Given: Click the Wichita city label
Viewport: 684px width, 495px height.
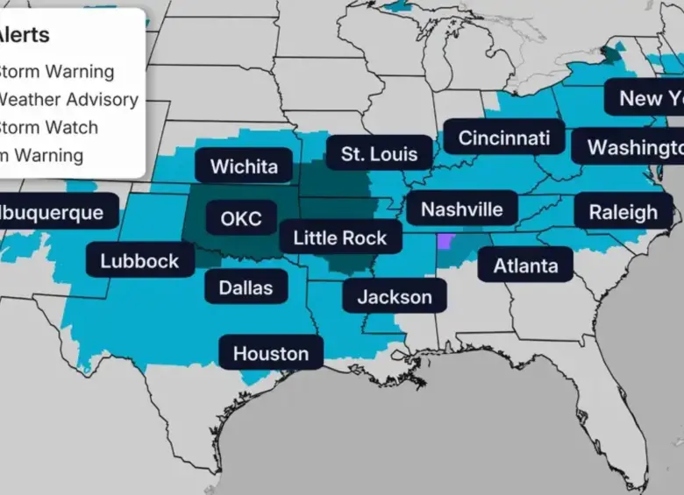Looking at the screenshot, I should click(x=244, y=166).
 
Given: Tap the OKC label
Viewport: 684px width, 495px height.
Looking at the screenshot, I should click(x=241, y=218).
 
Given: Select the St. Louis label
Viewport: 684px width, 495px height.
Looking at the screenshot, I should click(x=379, y=154).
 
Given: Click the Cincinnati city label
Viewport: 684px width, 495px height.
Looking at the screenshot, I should click(x=503, y=138).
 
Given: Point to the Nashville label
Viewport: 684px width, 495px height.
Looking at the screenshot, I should click(x=461, y=209).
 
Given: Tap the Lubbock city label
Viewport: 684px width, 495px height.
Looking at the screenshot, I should click(x=139, y=260).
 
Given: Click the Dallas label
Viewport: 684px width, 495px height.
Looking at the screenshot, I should click(x=246, y=287).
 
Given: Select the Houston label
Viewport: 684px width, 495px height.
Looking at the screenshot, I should click(x=270, y=354).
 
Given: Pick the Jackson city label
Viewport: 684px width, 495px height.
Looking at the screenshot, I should click(x=394, y=297).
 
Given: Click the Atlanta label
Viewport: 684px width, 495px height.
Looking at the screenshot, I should click(x=525, y=265).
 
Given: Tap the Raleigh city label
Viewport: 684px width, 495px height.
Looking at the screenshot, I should click(x=623, y=212).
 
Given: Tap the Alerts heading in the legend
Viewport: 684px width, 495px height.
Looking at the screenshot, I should click(x=24, y=36).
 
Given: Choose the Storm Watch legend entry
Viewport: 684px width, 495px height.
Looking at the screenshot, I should click(x=48, y=127).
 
